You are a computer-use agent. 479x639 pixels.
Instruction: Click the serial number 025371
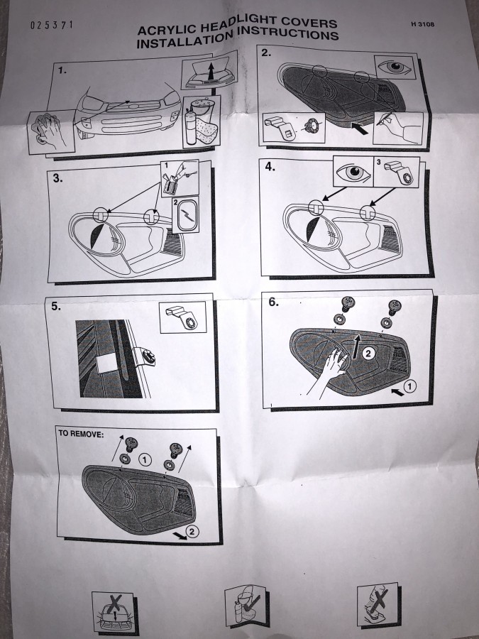[52, 25]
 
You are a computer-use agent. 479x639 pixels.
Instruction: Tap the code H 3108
[423, 24]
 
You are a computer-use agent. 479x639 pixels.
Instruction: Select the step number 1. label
[62, 70]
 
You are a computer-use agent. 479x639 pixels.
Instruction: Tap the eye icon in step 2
[395, 67]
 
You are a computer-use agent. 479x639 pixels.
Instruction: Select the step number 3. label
[57, 178]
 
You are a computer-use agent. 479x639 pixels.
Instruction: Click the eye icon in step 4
[353, 172]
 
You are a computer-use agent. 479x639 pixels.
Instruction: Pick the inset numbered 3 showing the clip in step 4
[396, 172]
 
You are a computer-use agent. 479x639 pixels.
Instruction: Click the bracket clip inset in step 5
[182, 317]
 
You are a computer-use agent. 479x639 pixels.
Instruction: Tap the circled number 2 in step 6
[368, 353]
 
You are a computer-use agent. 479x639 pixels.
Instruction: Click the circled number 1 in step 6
[410, 386]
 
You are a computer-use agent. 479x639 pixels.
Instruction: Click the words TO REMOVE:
[81, 434]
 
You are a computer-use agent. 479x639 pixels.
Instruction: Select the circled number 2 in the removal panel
[192, 531]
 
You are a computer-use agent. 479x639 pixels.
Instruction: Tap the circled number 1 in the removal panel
[145, 460]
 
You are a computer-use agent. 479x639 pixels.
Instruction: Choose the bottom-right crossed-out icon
[378, 606]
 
